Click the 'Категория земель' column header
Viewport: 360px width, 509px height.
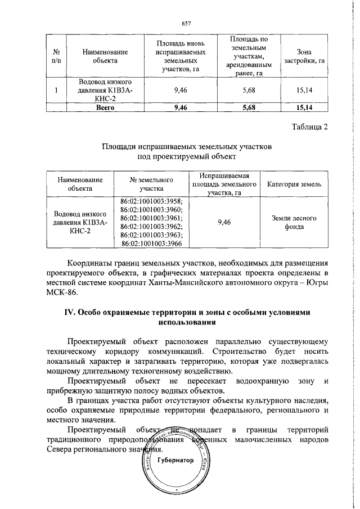point(294,184)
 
